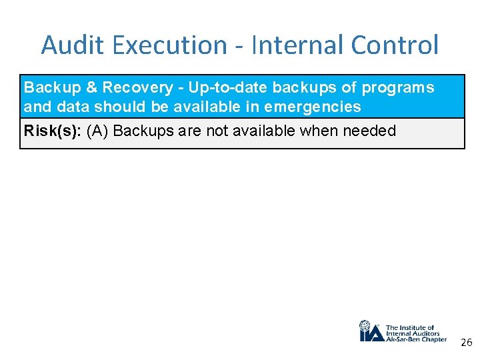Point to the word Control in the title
tap(395, 45)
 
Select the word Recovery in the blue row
tap(135, 88)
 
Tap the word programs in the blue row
tap(397, 88)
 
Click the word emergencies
tap(313, 107)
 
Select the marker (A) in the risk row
tap(98, 131)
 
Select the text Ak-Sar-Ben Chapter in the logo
tap(417, 339)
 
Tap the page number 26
tap(466, 343)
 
